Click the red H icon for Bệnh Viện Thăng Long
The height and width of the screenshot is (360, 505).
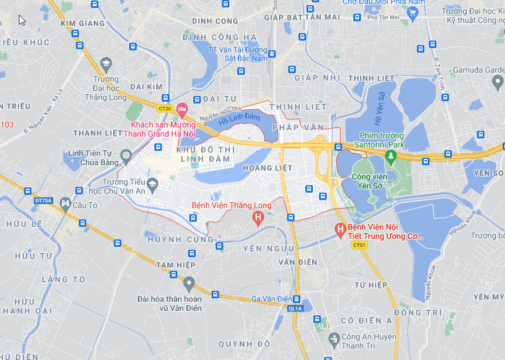pos(258,218)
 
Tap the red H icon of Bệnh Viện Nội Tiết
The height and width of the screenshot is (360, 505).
pos(340,231)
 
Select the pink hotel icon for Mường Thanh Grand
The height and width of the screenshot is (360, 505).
pos(182,109)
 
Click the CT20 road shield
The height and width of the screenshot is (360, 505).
pos(165,108)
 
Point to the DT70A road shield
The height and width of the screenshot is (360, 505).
pos(43,201)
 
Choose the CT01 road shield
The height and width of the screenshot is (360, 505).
pos(359,245)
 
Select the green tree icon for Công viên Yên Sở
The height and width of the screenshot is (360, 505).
pos(391,156)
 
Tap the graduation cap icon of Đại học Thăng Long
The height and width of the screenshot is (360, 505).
pos(106,62)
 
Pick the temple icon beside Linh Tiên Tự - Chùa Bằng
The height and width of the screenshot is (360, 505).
pos(126,155)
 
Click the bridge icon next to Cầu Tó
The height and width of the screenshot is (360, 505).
pos(66,204)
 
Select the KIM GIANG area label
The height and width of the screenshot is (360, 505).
pos(83,23)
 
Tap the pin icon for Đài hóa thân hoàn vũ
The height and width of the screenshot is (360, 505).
pos(189,283)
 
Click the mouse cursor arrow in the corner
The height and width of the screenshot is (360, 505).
pos(22,20)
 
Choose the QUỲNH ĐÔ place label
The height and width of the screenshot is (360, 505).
pos(244,344)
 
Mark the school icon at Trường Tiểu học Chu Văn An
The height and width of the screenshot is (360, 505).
pos(152,184)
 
